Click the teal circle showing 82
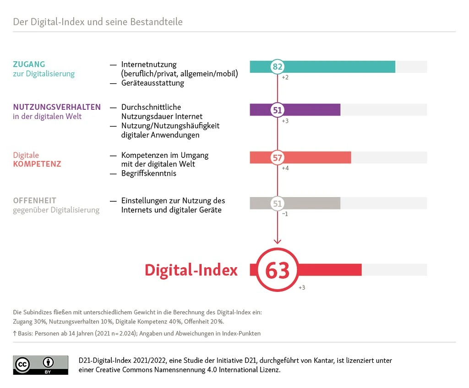coord(278,67)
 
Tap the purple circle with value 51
coord(278,110)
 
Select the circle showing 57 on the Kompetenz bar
coord(278,158)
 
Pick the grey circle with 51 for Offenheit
coord(278,203)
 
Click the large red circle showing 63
coord(278,270)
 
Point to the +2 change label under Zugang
coord(285,77)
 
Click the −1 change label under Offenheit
coord(285,214)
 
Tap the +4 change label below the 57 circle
coord(285,168)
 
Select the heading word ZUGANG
coord(29,65)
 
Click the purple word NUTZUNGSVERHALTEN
coord(57,107)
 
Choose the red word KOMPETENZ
coord(37,164)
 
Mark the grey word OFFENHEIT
coord(35,200)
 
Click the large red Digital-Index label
coord(191,270)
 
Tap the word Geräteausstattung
coord(153,83)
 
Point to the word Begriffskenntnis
coord(149,173)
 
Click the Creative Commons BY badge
coord(40,365)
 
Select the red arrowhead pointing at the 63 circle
coord(278,241)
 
